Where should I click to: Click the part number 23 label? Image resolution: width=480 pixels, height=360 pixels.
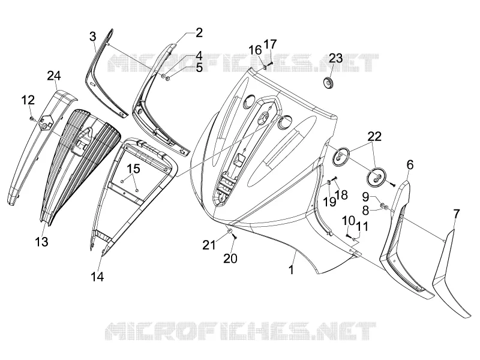click(336, 58)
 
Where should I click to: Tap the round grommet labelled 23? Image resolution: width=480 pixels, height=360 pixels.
click(329, 83)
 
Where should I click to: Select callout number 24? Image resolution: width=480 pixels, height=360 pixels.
click(54, 76)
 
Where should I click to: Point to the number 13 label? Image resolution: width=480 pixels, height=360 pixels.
click(41, 242)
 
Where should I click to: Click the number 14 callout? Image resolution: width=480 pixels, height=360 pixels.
click(97, 277)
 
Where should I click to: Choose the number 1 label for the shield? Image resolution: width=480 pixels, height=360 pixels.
click(291, 269)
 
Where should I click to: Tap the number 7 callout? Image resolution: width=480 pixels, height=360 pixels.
click(456, 214)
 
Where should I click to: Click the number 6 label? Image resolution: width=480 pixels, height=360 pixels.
click(410, 164)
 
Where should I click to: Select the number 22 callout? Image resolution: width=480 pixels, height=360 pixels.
click(374, 137)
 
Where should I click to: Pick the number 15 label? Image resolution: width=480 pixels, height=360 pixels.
click(133, 169)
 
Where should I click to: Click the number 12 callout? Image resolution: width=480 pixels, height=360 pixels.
click(28, 100)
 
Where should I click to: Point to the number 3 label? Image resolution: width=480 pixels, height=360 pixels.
click(93, 37)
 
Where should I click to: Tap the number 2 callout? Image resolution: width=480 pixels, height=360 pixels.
click(199, 32)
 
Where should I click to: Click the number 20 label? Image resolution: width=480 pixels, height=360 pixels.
click(230, 259)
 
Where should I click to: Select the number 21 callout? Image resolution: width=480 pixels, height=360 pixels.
click(209, 245)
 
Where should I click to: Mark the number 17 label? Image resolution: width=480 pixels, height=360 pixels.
click(270, 44)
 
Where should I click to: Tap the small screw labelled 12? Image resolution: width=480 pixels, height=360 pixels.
click(31, 118)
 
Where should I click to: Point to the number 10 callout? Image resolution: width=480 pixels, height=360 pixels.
click(349, 220)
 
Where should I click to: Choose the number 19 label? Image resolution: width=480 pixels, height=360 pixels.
click(330, 202)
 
